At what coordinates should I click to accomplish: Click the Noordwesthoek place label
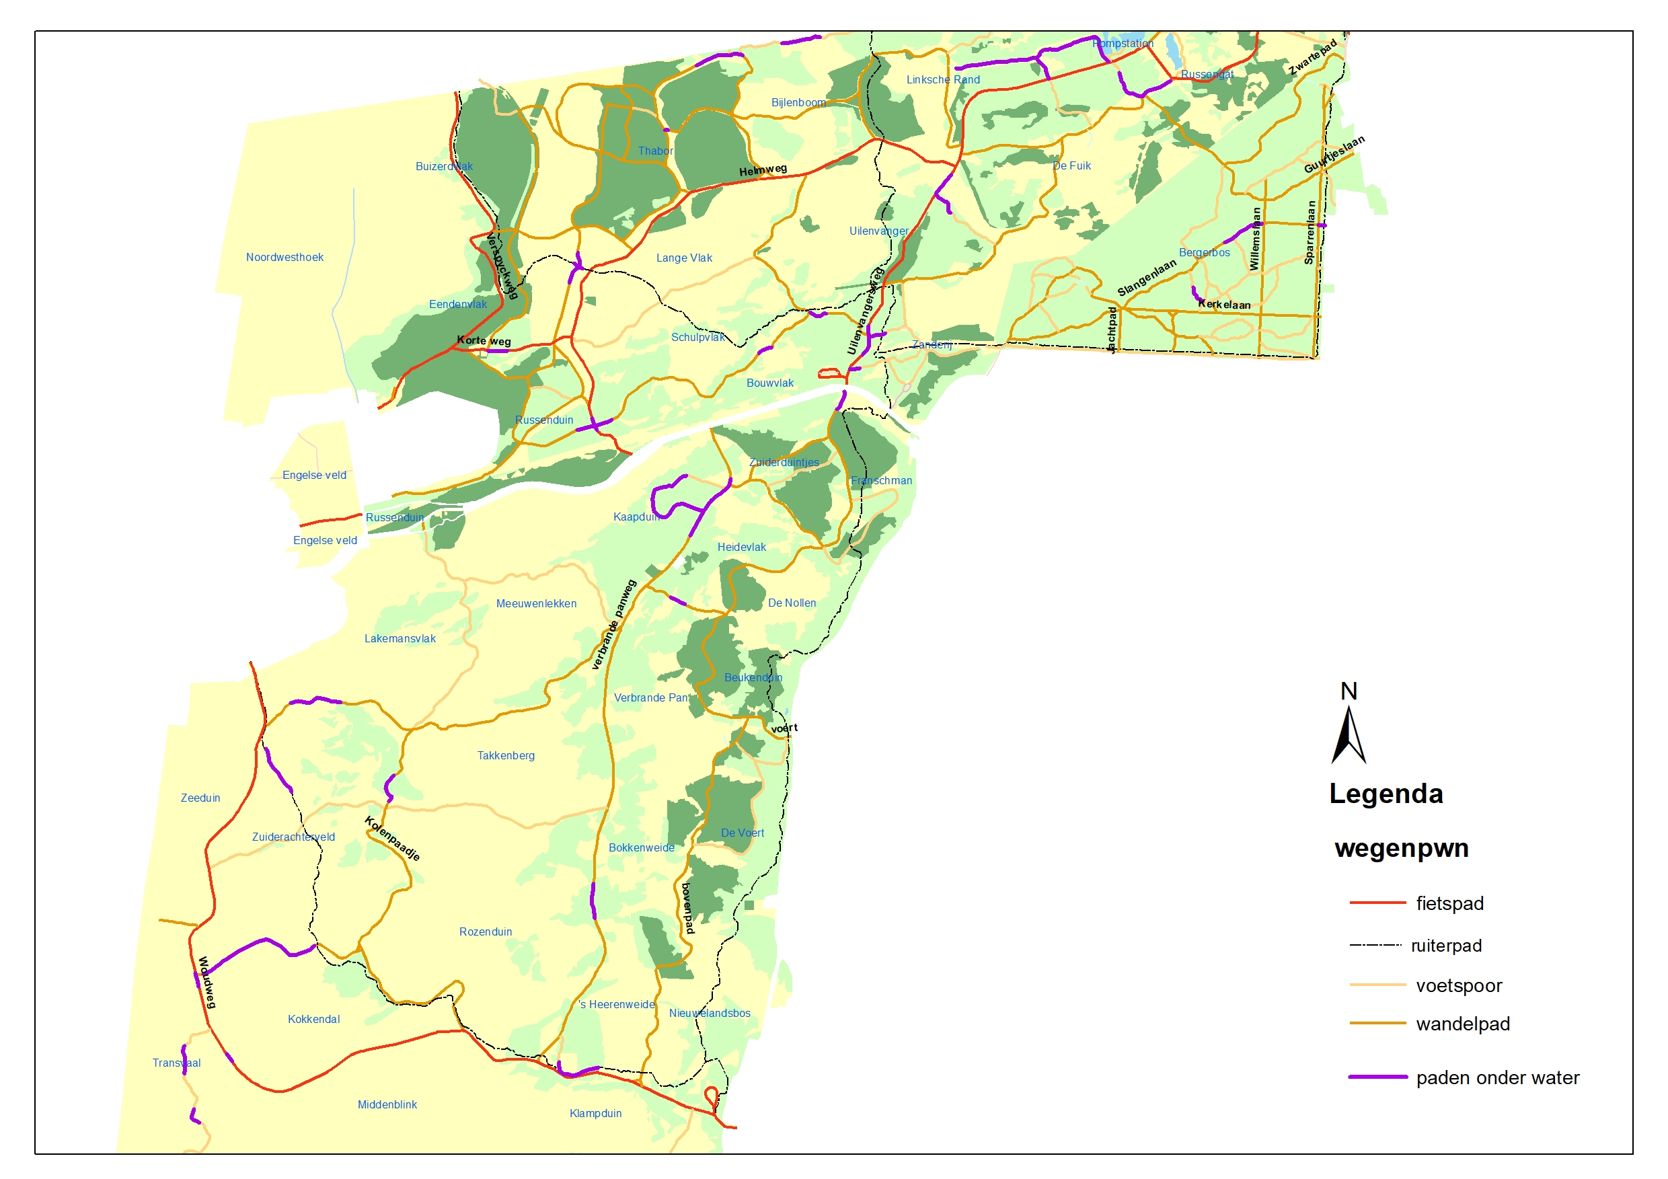[284, 257]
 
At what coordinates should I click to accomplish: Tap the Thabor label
[654, 151]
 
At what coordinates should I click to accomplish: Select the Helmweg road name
[762, 170]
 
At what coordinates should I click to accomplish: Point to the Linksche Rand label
[942, 80]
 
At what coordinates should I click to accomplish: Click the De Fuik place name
[1071, 165]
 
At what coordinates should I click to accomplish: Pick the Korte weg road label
[483, 341]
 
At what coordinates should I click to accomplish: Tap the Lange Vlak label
[683, 258]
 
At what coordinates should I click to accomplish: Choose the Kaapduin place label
[636, 517]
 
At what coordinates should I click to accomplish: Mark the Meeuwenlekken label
[535, 604]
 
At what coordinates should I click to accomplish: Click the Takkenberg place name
[505, 755]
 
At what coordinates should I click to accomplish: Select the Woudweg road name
[207, 982]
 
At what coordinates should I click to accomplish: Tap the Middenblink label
[387, 1104]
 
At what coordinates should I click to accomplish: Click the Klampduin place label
[595, 1113]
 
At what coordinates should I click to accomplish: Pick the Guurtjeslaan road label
[1333, 154]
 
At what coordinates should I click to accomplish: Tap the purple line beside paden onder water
[1377, 1077]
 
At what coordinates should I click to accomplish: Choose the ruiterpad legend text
[1445, 946]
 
